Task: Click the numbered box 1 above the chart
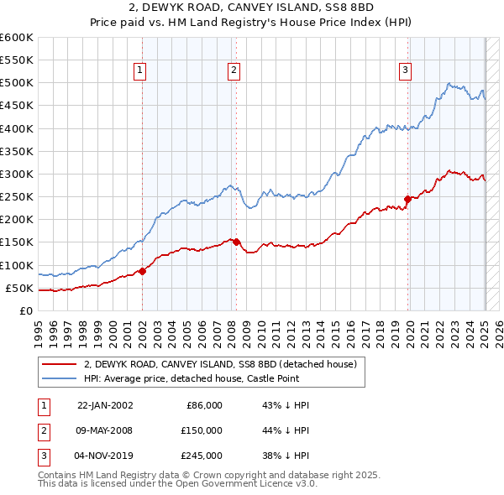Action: coord(139,71)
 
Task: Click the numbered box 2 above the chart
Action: coord(233,71)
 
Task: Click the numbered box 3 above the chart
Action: coord(405,71)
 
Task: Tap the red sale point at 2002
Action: coord(143,271)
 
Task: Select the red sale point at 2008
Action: coord(237,242)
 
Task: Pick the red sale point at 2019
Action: coord(408,199)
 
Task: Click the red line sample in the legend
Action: coord(60,364)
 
